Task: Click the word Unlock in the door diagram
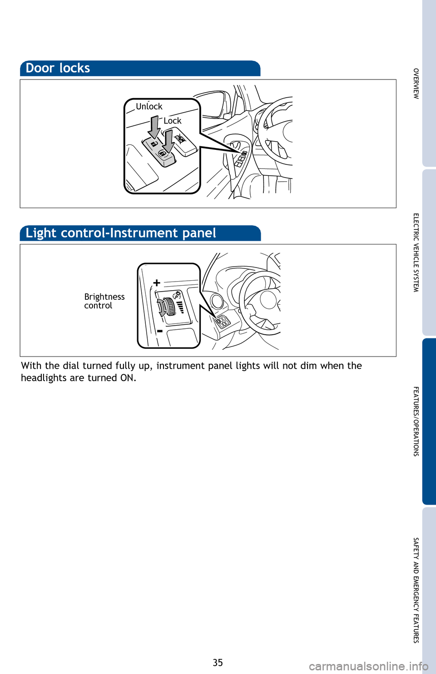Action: pos(149,106)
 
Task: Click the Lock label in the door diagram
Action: pos(173,121)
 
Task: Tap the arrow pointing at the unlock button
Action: pos(154,128)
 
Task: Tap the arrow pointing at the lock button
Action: pos(168,141)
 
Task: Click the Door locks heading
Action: pos(58,68)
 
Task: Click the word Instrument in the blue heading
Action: pos(144,233)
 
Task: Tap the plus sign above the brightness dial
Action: pos(157,283)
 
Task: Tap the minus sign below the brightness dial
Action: pos(160,331)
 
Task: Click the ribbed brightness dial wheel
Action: pos(170,307)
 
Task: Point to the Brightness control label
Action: pos(104,301)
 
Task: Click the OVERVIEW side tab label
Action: pos(416,84)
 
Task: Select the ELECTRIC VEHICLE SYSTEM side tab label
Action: pos(416,253)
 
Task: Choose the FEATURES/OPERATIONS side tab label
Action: pos(416,421)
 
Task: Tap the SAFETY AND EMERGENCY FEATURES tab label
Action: pos(416,590)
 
